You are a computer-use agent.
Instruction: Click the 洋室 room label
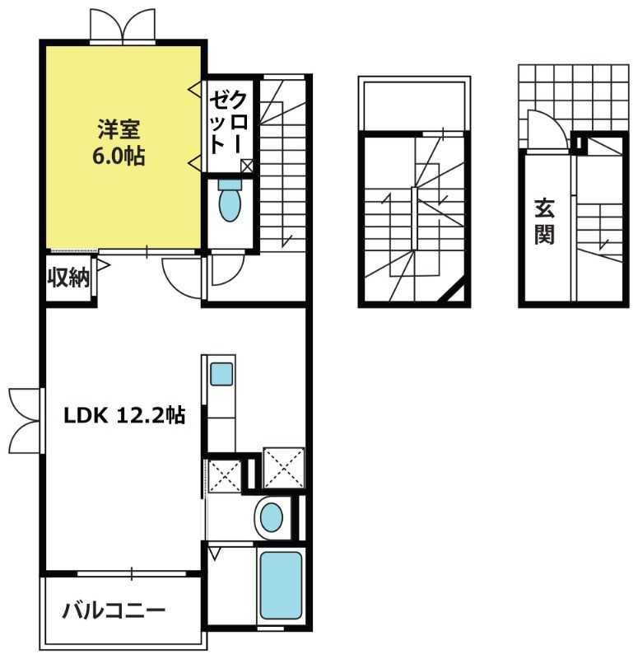coord(120,130)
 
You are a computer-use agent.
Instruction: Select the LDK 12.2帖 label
coord(124,416)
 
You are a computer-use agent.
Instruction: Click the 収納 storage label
coord(68,278)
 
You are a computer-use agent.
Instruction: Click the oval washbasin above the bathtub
coord(271,517)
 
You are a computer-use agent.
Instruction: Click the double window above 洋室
coord(122,26)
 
